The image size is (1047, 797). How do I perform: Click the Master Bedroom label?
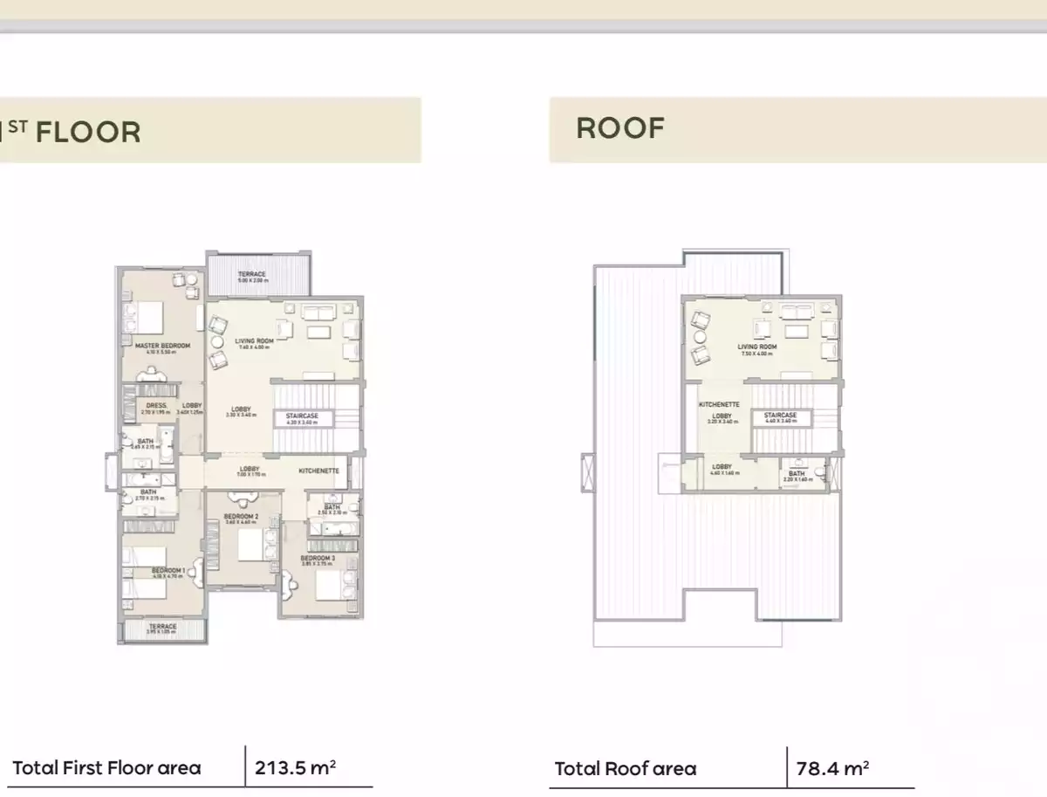coord(162,346)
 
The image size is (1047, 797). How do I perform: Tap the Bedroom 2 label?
coord(240,517)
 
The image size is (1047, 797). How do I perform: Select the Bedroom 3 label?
coord(318,558)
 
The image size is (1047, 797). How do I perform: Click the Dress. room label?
coord(157,406)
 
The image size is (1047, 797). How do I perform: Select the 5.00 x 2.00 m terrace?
coord(253,275)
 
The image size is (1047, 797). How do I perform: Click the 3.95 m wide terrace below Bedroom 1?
coord(162,627)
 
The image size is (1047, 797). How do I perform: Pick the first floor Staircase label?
coord(303,416)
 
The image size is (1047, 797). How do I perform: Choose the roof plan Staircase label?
coord(781,416)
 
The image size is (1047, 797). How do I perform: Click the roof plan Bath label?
coord(797,474)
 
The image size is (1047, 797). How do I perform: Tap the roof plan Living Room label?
coord(756,347)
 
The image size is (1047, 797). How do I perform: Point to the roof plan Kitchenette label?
coord(720,405)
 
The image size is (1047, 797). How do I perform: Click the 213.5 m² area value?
coord(296,768)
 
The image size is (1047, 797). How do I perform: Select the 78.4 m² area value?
coord(832,769)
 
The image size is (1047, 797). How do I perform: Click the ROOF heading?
coord(620,128)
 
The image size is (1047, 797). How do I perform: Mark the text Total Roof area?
coord(626,769)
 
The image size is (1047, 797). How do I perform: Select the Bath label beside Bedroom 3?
coord(332,507)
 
